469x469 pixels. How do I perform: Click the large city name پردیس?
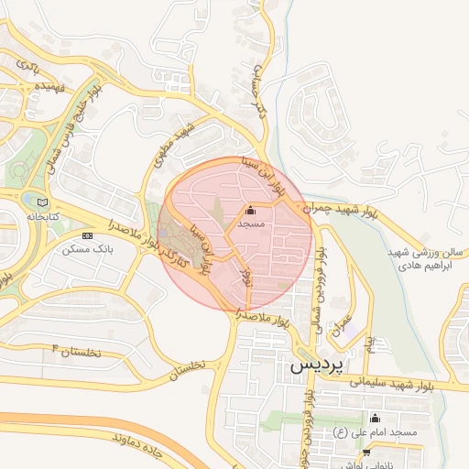click(x=317, y=365)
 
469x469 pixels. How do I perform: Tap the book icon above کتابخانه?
click(x=42, y=202)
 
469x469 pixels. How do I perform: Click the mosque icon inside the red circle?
click(x=251, y=210)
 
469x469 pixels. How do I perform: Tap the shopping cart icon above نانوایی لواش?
click(x=366, y=452)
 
